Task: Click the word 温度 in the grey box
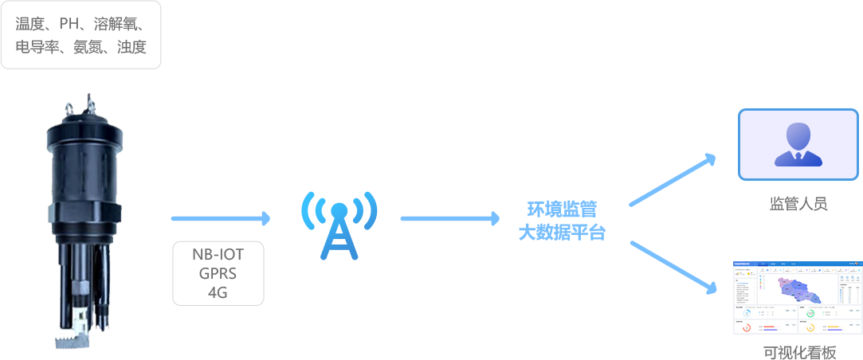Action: [x=28, y=23]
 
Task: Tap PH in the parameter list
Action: [x=69, y=23]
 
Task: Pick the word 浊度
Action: [x=131, y=47]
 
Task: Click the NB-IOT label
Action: [x=218, y=255]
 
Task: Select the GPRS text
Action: [x=218, y=274]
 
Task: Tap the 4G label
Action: [x=218, y=292]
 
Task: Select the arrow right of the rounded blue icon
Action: [x=449, y=218]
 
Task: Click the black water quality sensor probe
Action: [x=84, y=215]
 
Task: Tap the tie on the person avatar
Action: [x=798, y=158]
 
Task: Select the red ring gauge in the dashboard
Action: [x=747, y=327]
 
